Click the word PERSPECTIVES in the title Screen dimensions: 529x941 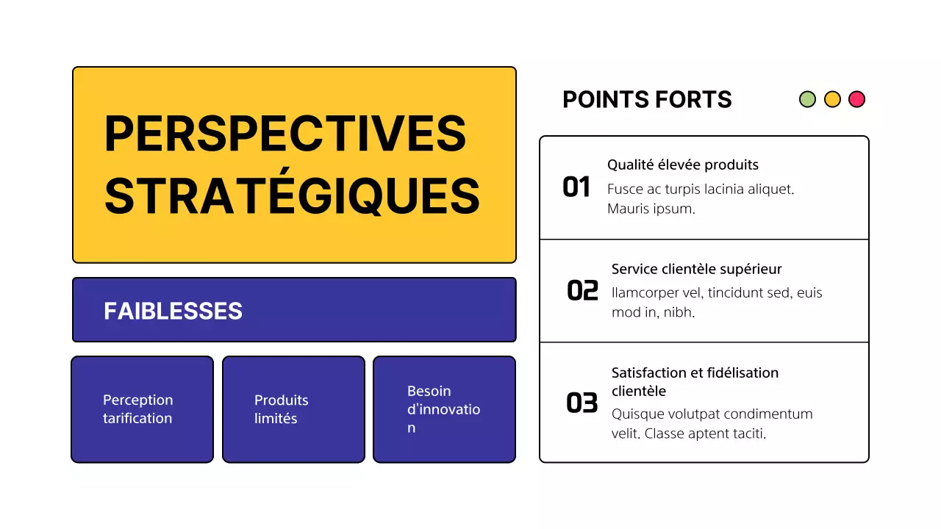pyautogui.click(x=285, y=133)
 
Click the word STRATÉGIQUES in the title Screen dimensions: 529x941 pyautogui.click(x=292, y=195)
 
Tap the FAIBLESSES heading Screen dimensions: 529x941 pyautogui.click(x=173, y=311)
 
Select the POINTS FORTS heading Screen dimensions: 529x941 pyautogui.click(x=647, y=100)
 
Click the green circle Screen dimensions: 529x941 pyautogui.click(x=807, y=99)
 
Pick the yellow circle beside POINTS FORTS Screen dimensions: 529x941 pyautogui.click(x=832, y=99)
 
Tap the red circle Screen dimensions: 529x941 pyautogui.click(x=856, y=99)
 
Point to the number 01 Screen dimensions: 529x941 pyautogui.click(x=576, y=187)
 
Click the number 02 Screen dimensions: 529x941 pyautogui.click(x=582, y=291)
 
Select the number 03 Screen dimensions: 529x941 pyautogui.click(x=582, y=403)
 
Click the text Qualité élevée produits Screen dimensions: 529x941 pyautogui.click(x=682, y=165)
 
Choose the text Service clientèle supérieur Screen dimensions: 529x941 pyautogui.click(x=696, y=269)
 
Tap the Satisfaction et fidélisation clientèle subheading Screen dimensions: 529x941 pyautogui.click(x=694, y=381)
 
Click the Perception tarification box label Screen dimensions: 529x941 pyautogui.click(x=137, y=409)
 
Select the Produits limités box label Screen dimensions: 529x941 pyautogui.click(x=281, y=409)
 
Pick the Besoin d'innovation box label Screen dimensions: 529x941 pyautogui.click(x=443, y=409)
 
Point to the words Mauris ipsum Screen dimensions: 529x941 pyautogui.click(x=651, y=209)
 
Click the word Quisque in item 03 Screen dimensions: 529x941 pyautogui.click(x=636, y=414)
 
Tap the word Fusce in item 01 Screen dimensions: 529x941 pyautogui.click(x=624, y=189)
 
